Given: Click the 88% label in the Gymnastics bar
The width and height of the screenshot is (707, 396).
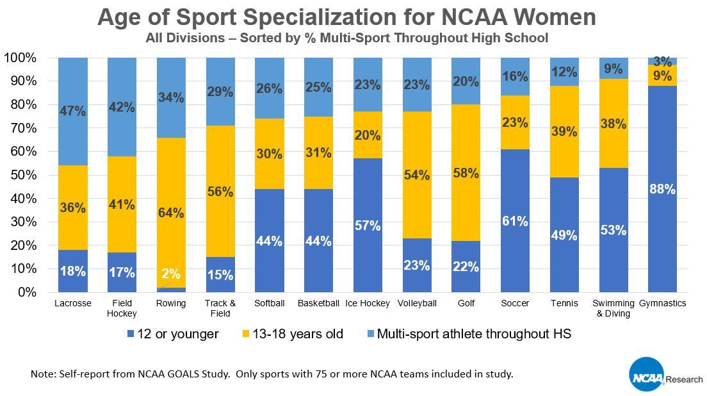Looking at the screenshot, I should pos(663,190).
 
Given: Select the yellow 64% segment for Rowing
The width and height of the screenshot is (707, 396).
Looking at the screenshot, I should pos(171,213).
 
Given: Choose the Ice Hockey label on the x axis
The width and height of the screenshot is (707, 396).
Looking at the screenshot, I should pos(368,303).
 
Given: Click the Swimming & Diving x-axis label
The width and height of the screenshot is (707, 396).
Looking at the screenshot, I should pos(614,308).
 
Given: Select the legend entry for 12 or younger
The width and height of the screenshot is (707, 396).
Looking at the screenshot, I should pos(173,334).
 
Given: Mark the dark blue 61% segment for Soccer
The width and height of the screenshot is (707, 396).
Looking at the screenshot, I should pos(516,221).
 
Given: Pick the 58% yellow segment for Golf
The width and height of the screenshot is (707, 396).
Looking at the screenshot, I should pos(466,174).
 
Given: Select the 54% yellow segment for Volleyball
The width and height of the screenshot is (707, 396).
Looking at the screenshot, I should pos(417,175).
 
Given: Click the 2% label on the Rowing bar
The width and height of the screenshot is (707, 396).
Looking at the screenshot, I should pos(171,274).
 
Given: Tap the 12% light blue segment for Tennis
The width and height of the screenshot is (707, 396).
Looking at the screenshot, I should pos(565,72).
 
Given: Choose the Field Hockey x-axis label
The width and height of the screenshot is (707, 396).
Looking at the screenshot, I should pos(122,308).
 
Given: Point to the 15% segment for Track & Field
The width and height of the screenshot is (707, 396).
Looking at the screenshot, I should pos(220,274).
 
